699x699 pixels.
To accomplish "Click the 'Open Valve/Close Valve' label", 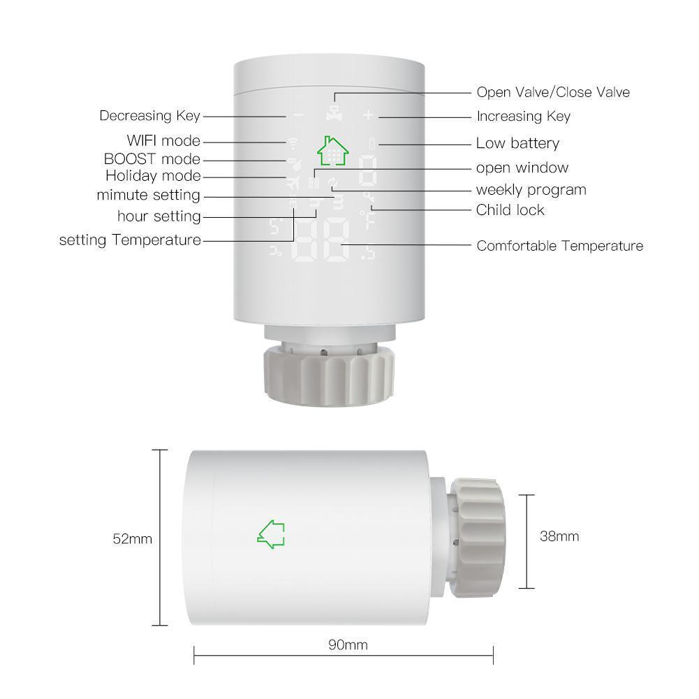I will [552, 92].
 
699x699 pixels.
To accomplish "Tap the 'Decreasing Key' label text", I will [149, 116].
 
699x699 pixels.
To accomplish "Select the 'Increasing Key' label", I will [523, 117].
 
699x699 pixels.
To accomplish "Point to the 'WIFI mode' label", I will [163, 141].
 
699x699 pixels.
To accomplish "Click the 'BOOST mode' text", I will [152, 159].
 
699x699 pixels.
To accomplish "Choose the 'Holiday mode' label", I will [153, 176].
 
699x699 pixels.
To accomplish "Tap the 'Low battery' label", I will [517, 144].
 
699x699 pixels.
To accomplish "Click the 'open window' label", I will [522, 168].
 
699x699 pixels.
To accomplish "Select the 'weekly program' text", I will [531, 190].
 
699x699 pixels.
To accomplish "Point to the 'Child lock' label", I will [510, 210].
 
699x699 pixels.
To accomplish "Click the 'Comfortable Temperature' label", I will [559, 246].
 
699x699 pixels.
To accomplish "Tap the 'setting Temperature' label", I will [130, 240].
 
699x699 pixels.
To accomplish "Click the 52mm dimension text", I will [132, 539].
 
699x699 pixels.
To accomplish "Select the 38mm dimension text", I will [559, 536].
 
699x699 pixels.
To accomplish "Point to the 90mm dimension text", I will [348, 645].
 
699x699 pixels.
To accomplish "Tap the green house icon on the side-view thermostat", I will [271, 534].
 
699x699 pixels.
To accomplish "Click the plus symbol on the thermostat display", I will [369, 116].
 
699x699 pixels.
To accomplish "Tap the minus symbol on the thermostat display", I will [297, 116].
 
